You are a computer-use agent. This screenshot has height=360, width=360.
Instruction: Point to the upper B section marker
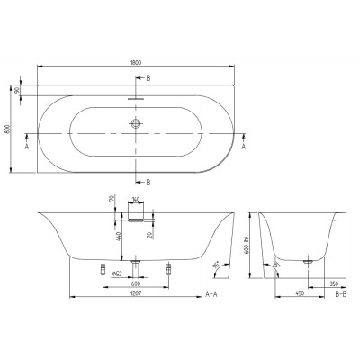click(148, 79)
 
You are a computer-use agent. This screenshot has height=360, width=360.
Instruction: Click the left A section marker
click(28, 145)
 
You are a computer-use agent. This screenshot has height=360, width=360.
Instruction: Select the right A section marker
click(244, 145)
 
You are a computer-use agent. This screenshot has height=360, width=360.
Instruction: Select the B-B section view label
click(341, 294)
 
